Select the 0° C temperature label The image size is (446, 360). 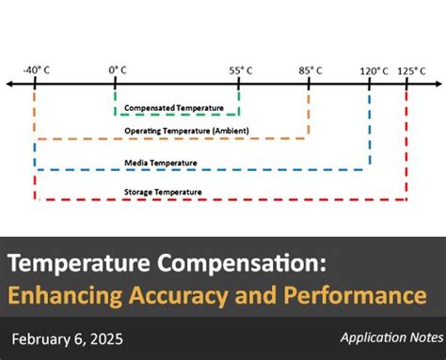click(x=117, y=70)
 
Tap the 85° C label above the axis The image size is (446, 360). click(x=310, y=70)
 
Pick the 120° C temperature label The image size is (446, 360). click(x=374, y=70)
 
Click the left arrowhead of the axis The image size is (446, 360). click(x=9, y=85)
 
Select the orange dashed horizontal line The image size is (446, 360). click(x=169, y=139)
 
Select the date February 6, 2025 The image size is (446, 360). click(x=68, y=339)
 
